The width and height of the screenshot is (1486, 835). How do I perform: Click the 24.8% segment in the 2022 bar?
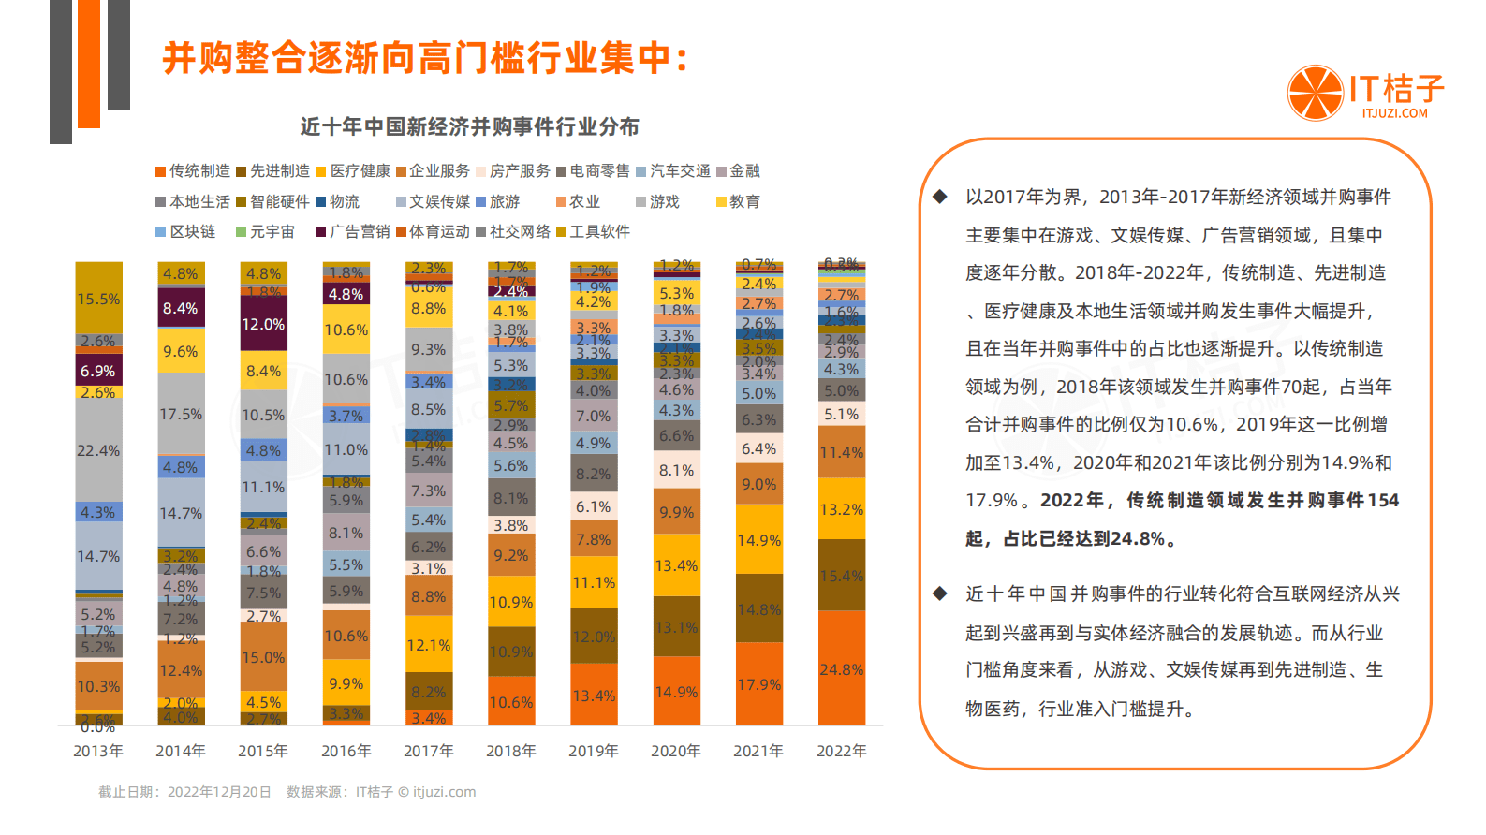tap(841, 669)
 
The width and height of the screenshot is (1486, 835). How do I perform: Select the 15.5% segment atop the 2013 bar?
tap(98, 299)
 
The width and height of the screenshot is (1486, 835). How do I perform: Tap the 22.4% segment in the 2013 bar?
tap(98, 450)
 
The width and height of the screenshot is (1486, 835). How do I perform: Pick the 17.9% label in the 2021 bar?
tap(758, 684)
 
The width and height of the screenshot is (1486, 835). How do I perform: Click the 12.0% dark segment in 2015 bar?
tap(263, 324)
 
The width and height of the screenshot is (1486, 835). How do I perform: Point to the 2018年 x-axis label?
tap(510, 751)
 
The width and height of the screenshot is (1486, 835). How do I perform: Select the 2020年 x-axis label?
tap(676, 751)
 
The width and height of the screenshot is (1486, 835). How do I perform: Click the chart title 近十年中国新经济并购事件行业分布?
tap(470, 126)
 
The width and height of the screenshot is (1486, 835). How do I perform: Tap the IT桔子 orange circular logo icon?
tap(1316, 93)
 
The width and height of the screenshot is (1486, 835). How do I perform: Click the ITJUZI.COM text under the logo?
tap(1394, 113)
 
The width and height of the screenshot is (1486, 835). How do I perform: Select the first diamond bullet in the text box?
tap(940, 197)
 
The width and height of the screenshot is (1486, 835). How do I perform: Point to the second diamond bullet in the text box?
tap(940, 593)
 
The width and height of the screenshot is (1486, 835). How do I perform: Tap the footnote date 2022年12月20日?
tap(219, 792)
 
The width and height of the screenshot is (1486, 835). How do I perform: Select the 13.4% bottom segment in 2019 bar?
tap(594, 696)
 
